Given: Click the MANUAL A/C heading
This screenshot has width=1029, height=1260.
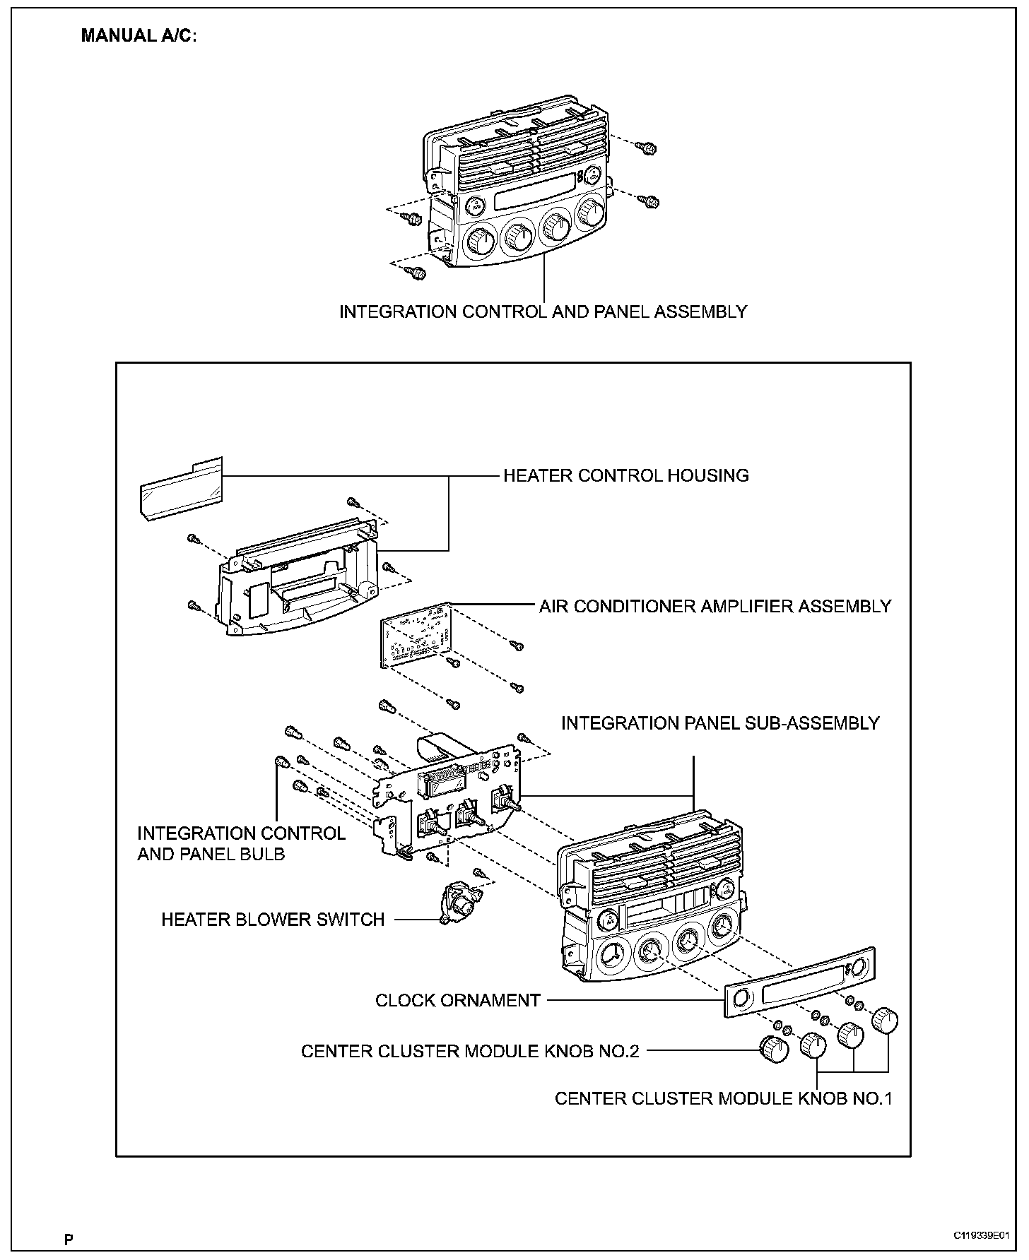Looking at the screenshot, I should point(139,35).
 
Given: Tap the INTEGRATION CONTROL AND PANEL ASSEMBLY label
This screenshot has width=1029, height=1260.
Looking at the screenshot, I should point(543,311).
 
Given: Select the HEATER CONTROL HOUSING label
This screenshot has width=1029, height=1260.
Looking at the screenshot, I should point(625,475).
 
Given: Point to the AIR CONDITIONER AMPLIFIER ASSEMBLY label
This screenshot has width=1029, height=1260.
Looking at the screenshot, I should point(715,606).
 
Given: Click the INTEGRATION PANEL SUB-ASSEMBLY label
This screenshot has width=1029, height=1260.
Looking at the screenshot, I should point(720,723).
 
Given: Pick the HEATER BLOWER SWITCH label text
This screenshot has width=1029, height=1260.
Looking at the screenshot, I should point(273,920).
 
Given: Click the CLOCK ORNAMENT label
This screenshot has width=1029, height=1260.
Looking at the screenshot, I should point(457,1000).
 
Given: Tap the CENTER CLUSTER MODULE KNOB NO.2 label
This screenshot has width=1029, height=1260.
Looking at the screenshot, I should point(470,1051).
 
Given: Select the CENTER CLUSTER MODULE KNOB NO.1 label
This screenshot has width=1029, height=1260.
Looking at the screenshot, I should point(723,1098).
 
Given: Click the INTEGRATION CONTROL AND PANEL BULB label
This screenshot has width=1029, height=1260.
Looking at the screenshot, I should point(241,843).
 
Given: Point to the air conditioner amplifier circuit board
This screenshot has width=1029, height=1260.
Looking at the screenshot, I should point(416,634).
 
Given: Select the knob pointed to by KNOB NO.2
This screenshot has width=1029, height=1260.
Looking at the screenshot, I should point(774,1048).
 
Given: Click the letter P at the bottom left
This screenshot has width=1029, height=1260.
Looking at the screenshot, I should point(69,1239).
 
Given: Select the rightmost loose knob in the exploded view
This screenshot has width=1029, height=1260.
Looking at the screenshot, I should point(884,1019).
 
